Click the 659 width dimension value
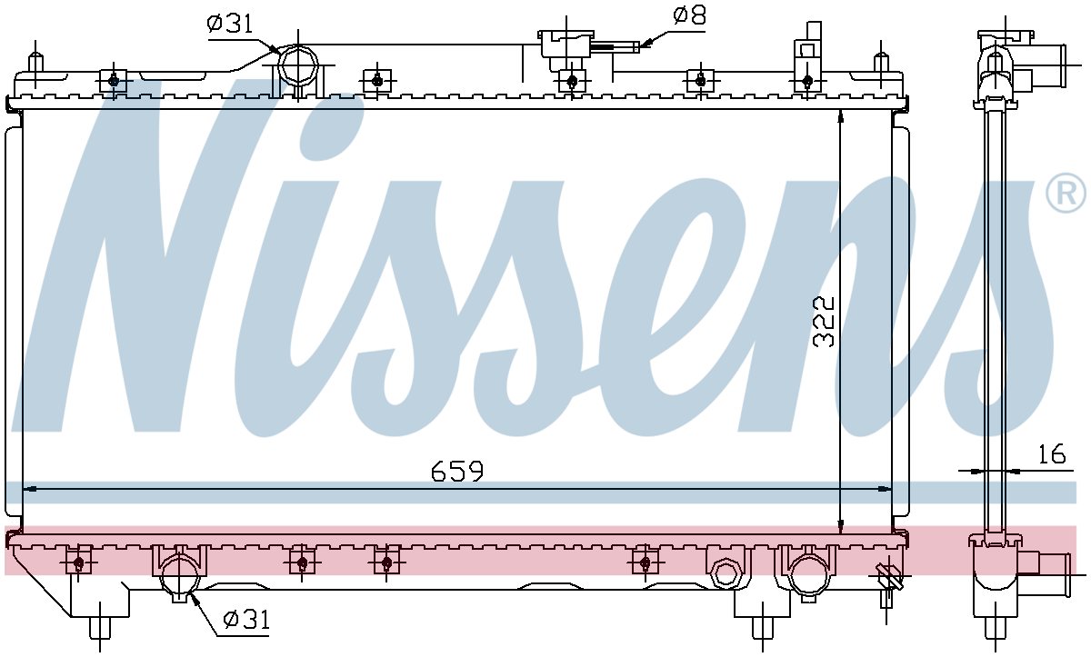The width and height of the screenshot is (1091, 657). click(456, 471)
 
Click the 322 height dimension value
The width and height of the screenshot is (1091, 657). click(824, 322)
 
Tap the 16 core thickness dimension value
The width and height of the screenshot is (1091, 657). click(1052, 453)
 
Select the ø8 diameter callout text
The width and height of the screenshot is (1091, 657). click(689, 15)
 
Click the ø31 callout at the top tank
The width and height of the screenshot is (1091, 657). click(230, 23)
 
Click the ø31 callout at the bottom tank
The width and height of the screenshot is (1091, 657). click(246, 620)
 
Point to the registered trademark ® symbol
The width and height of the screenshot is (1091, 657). click(1066, 193)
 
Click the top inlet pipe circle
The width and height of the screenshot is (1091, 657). click(298, 65)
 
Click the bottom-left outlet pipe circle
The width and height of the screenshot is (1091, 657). click(180, 577)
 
